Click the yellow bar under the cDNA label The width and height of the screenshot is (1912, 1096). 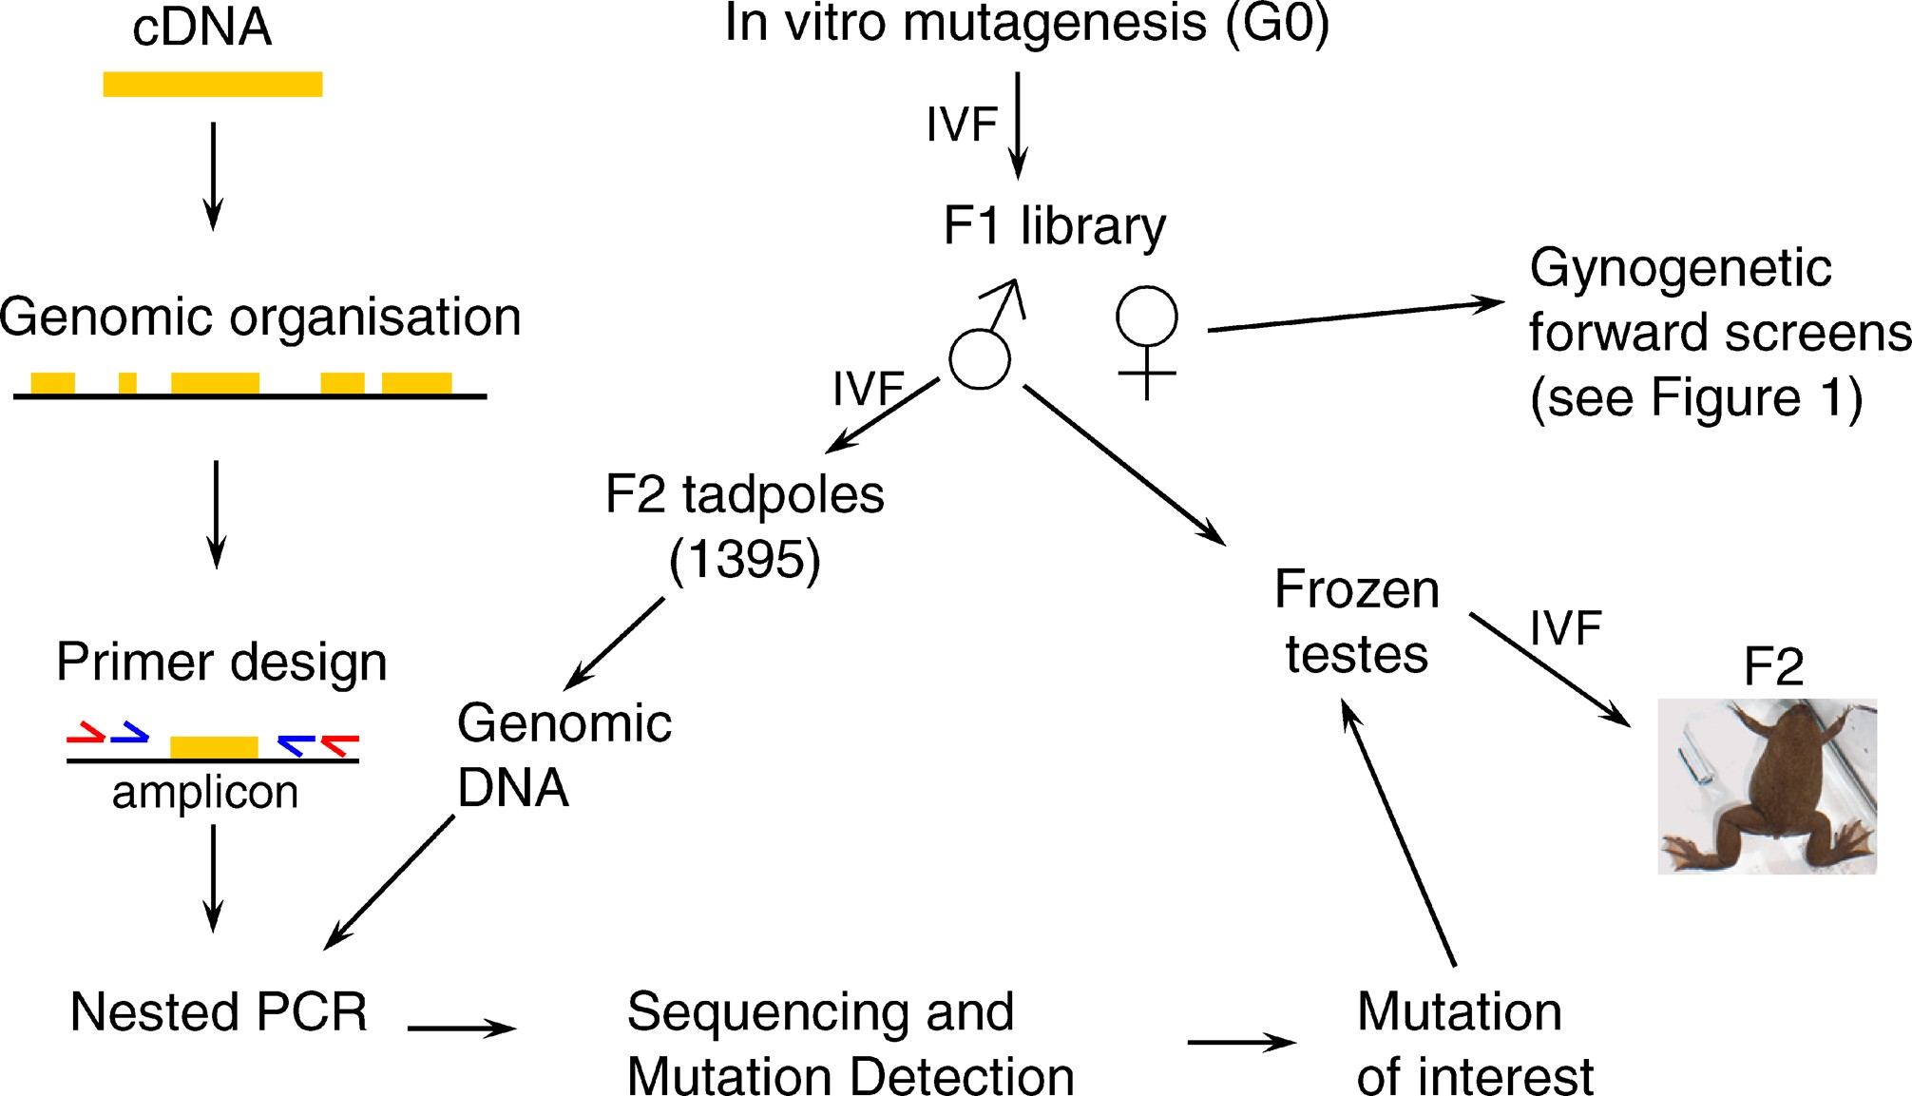[x=212, y=85]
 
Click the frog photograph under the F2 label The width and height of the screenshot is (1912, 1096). [x=1767, y=786]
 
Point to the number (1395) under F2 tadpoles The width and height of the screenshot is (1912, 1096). [x=745, y=559]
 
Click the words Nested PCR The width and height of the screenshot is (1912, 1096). [x=219, y=1011]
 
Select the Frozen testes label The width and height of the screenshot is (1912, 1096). [x=1356, y=622]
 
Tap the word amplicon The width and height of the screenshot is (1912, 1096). [x=205, y=792]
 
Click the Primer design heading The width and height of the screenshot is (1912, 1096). [x=221, y=662]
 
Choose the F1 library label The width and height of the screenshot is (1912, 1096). [x=1054, y=226]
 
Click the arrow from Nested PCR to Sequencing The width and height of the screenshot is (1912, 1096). [x=461, y=1028]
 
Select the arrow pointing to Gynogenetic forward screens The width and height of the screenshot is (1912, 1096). [x=1355, y=316]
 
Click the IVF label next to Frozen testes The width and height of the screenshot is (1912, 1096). [x=1565, y=628]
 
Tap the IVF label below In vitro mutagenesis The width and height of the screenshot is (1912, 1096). [x=962, y=125]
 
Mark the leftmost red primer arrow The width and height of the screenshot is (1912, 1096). [x=86, y=733]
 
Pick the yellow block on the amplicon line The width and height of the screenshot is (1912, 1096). [x=214, y=747]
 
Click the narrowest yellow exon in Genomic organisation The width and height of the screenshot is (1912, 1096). [x=127, y=383]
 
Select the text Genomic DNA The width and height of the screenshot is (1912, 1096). [x=564, y=755]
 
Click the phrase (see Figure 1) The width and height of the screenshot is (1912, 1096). [x=1695, y=397]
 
